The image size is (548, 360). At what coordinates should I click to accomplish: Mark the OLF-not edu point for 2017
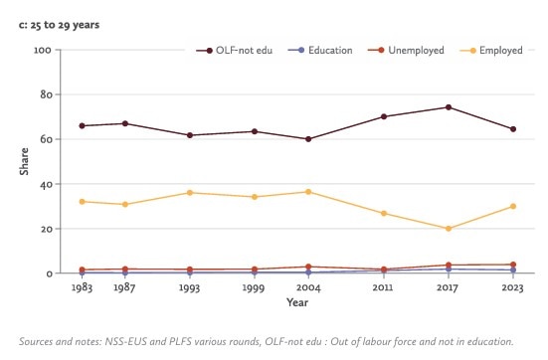coord(449,107)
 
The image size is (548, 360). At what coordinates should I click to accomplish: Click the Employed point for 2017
coord(449,229)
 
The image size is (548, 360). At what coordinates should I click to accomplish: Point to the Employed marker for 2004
coord(307,192)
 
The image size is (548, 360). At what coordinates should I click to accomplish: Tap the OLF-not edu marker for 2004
coord(307,139)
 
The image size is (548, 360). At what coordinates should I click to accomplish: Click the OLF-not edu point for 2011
coord(383,116)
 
